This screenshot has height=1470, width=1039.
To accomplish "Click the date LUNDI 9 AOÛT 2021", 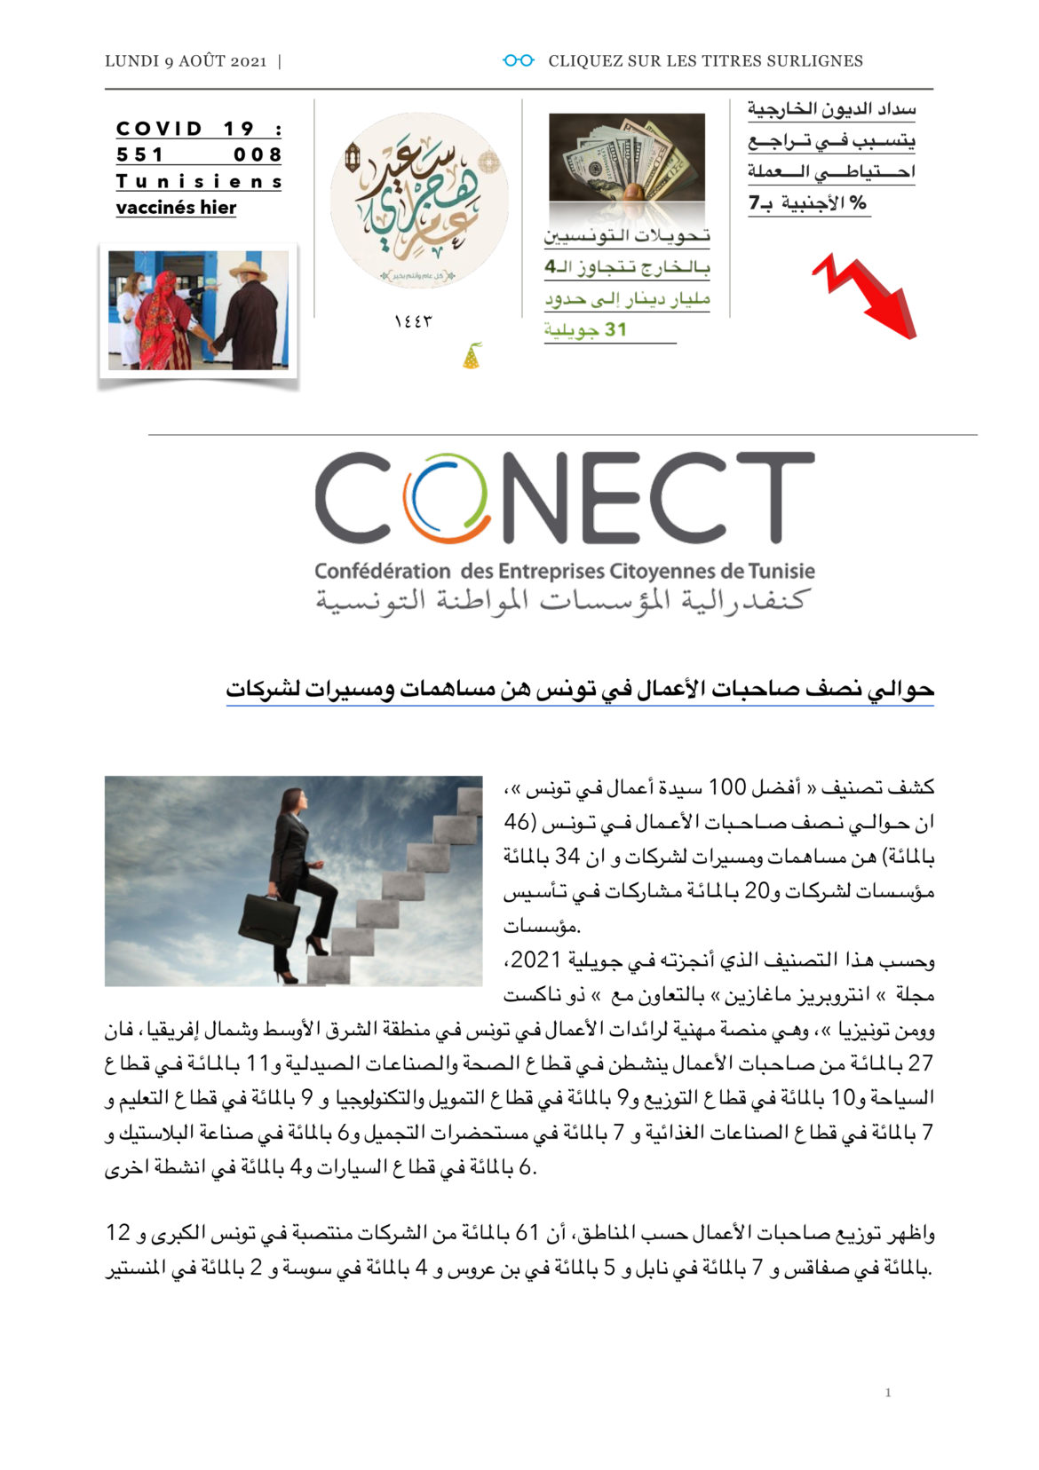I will (x=186, y=61).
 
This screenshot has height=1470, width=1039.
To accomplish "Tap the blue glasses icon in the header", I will (x=518, y=60).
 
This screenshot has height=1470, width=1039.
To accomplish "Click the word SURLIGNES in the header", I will (x=822, y=61).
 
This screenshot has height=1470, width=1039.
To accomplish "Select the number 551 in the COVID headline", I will (x=140, y=154).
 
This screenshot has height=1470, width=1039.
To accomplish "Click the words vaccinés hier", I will (x=176, y=208).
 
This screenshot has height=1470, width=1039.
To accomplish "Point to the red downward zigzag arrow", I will (x=866, y=295).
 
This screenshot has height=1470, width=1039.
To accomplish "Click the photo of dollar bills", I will (x=626, y=157).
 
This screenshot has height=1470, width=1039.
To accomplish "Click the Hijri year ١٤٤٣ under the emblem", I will (x=413, y=320).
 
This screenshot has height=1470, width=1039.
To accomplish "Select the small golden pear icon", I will (x=472, y=356).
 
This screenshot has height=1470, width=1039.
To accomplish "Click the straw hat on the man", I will (x=248, y=269).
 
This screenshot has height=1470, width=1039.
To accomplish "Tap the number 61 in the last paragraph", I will (x=527, y=1233).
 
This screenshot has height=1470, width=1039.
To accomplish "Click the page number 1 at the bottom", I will (x=887, y=1393).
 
